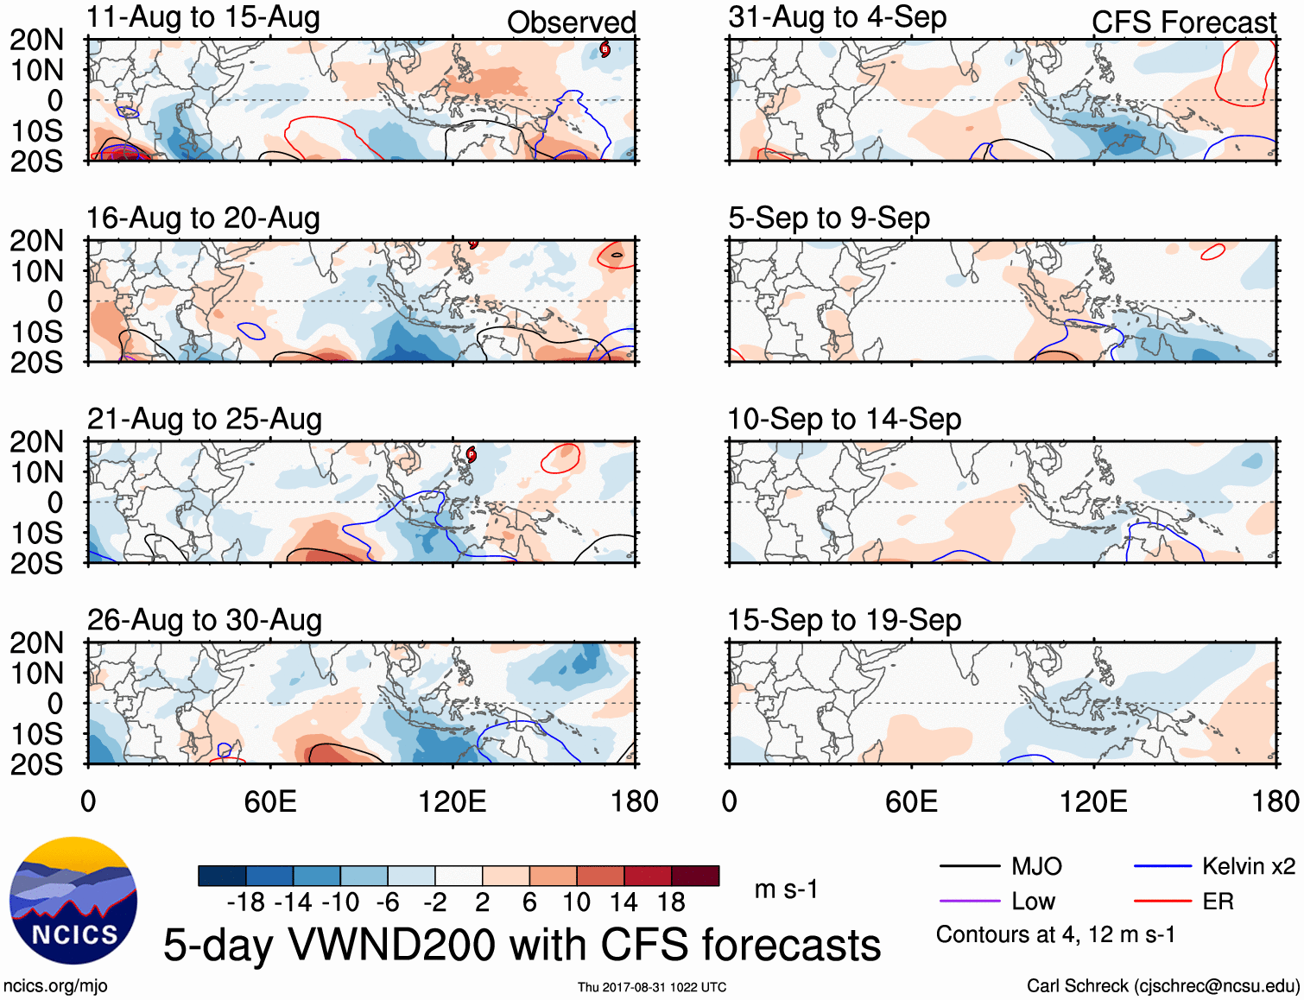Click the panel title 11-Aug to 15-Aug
click(203, 17)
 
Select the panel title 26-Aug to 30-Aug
click(205, 620)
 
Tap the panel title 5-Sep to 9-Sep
click(829, 218)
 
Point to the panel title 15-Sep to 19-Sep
click(845, 620)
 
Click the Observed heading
click(571, 22)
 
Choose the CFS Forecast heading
click(1184, 22)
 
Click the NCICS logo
click(73, 901)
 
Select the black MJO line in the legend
click(970, 866)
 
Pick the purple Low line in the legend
click(970, 902)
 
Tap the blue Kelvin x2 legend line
click(1162, 866)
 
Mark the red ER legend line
click(1162, 902)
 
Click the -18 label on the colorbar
click(245, 902)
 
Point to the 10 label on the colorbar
click(576, 902)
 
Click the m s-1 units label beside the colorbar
click(786, 889)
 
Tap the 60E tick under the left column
click(270, 801)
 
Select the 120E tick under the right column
click(1093, 801)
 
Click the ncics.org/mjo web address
click(55, 986)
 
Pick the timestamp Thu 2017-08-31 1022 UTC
click(652, 987)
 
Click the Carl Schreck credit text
click(1163, 986)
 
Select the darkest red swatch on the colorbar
click(695, 876)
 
